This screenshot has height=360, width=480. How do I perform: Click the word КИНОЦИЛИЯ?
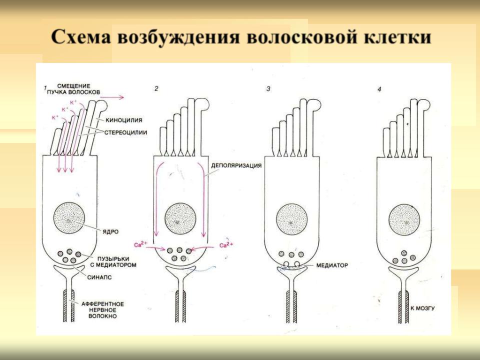124,120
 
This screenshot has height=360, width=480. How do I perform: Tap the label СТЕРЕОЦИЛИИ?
125,133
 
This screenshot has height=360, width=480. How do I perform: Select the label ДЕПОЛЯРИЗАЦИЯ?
236,165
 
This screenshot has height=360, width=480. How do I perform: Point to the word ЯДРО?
110,231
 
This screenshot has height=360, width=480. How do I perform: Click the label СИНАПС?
99,277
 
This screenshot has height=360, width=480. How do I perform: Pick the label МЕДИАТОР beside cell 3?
332,265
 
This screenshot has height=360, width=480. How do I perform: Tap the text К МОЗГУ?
422,308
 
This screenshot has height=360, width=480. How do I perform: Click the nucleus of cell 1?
69,218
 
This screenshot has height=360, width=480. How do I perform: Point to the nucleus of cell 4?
404,220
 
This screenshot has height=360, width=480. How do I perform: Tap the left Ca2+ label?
141,245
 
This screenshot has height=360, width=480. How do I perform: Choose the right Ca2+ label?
226,245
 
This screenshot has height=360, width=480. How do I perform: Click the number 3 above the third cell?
268,89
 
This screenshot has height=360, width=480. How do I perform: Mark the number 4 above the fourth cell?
379,89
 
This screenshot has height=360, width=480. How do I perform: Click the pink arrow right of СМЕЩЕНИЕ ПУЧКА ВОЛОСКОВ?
112,97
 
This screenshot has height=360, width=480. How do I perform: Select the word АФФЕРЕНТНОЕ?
102,304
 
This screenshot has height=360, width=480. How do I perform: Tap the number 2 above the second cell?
156,89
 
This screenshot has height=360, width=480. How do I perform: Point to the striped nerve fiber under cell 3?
291,306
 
